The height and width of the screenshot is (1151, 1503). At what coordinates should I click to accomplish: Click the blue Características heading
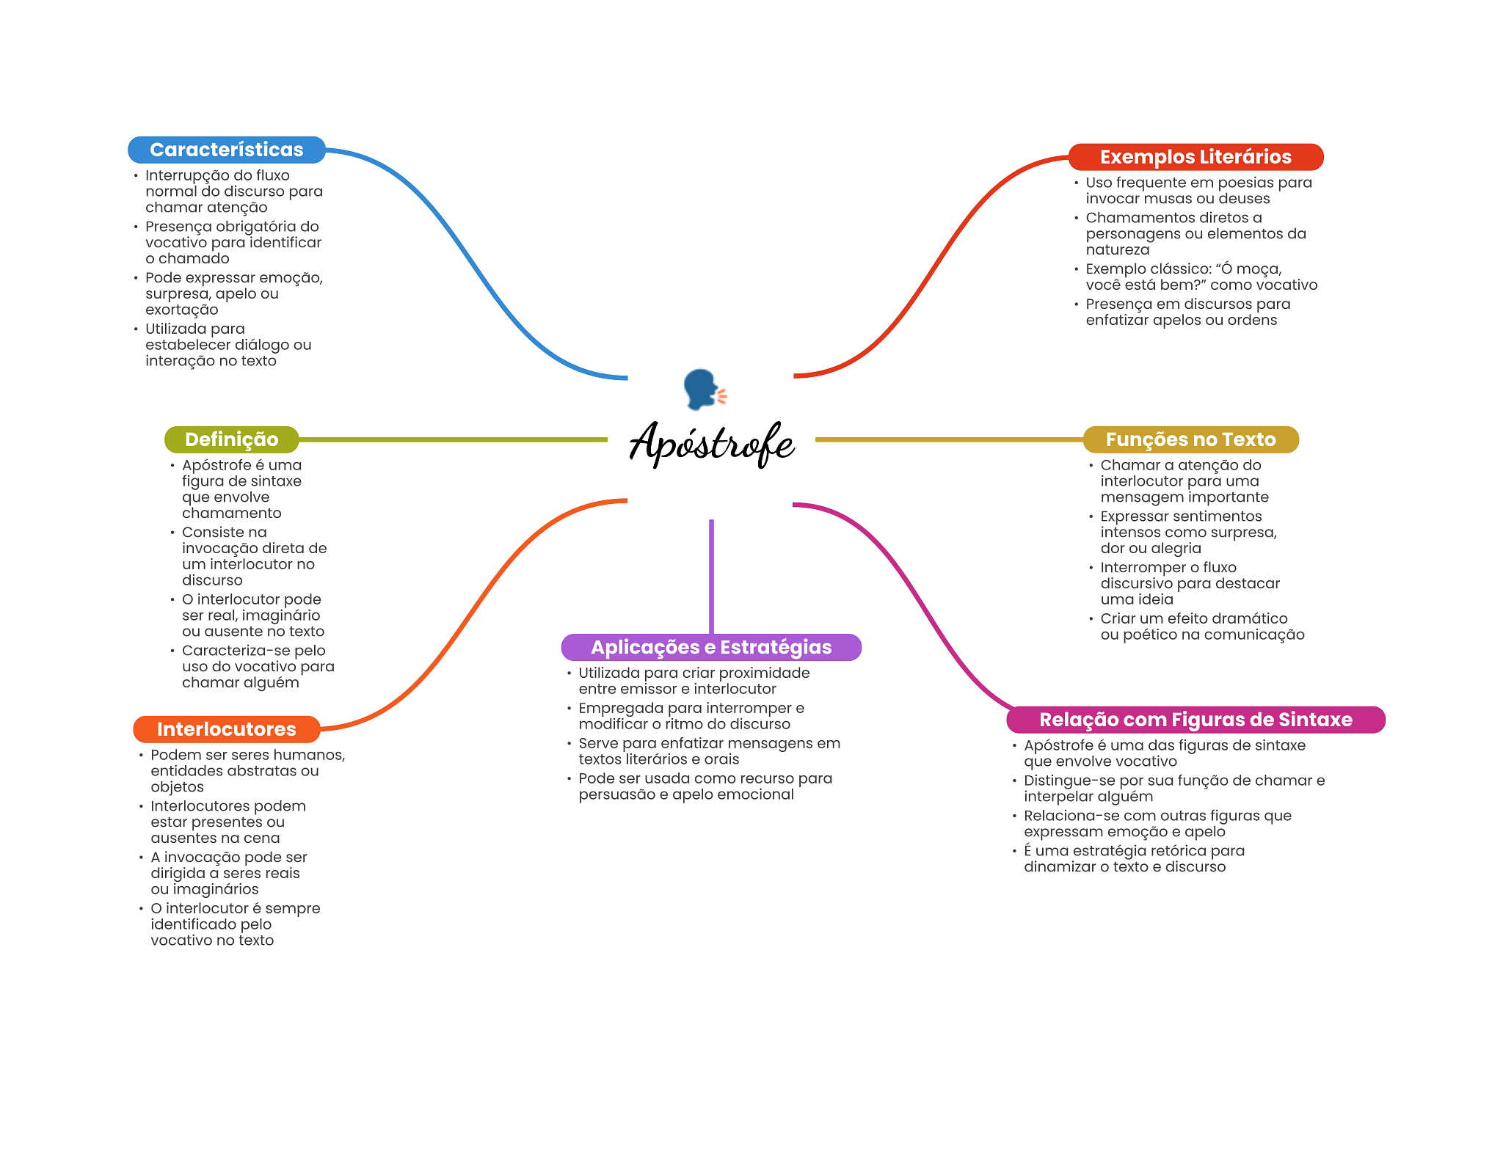pyautogui.click(x=227, y=150)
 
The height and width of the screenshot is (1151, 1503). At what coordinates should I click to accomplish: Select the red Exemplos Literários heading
pyautogui.click(x=1196, y=157)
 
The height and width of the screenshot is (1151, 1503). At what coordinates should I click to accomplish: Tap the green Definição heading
pyautogui.click(x=232, y=439)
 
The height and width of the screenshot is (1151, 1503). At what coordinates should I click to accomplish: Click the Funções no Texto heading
pyautogui.click(x=1191, y=439)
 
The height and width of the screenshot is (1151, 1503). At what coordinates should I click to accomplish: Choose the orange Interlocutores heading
pyautogui.click(x=227, y=729)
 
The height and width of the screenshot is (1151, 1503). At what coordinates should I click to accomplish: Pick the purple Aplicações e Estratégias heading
pyautogui.click(x=711, y=647)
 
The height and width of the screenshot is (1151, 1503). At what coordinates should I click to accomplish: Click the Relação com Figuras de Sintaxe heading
pyautogui.click(x=1196, y=720)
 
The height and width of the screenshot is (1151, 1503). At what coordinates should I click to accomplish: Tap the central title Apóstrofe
pyautogui.click(x=712, y=443)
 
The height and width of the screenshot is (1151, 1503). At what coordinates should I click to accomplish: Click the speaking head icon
pyautogui.click(x=705, y=389)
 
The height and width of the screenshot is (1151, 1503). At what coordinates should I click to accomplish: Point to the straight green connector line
pyautogui.click(x=454, y=439)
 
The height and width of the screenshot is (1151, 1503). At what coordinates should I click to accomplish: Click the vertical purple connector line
pyautogui.click(x=711, y=577)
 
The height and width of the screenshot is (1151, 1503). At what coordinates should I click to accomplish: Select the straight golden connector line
pyautogui.click(x=950, y=439)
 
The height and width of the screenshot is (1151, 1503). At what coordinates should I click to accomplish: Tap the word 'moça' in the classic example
pyautogui.click(x=1261, y=269)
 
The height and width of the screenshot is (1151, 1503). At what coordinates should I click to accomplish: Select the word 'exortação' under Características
pyautogui.click(x=182, y=310)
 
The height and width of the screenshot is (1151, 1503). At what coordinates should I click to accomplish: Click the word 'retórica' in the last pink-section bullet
pyautogui.click(x=1176, y=851)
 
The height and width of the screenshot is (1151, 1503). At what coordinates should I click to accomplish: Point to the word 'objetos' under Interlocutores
pyautogui.click(x=178, y=787)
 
